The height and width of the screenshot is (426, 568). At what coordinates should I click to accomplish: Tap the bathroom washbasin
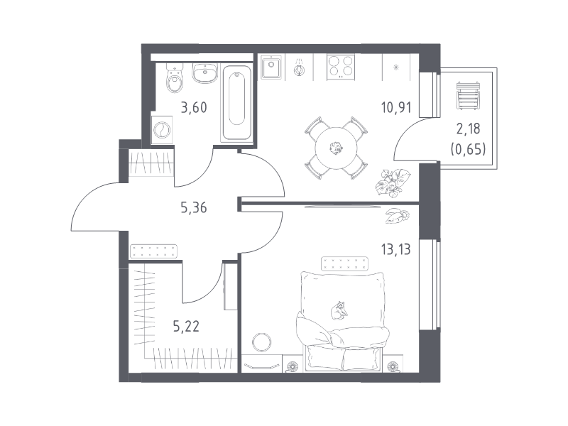point(205,73)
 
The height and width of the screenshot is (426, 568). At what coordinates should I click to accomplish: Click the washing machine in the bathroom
point(162,130)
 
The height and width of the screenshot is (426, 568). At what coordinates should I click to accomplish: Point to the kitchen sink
point(271,67)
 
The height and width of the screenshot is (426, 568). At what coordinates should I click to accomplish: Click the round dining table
point(337,148)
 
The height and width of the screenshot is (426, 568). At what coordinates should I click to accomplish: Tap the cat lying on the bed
point(339,310)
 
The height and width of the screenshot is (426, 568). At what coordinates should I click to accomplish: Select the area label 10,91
point(396,108)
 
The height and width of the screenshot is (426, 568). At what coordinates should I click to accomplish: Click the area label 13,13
point(395,250)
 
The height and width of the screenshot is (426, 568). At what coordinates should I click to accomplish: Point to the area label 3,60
point(194,108)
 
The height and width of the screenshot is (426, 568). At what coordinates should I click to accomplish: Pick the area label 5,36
point(194,208)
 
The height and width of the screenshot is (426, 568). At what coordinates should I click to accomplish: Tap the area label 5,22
point(186,327)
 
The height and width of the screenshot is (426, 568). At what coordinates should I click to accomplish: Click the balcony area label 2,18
point(469,129)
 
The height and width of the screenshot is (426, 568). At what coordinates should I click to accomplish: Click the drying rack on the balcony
point(468,96)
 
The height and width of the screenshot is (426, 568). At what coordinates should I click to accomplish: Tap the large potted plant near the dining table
point(393,183)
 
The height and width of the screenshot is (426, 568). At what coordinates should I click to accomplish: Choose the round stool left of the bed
point(262,342)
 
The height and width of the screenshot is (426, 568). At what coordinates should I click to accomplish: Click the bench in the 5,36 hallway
point(153,251)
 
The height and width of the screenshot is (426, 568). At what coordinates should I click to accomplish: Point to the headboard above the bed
point(344,263)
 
